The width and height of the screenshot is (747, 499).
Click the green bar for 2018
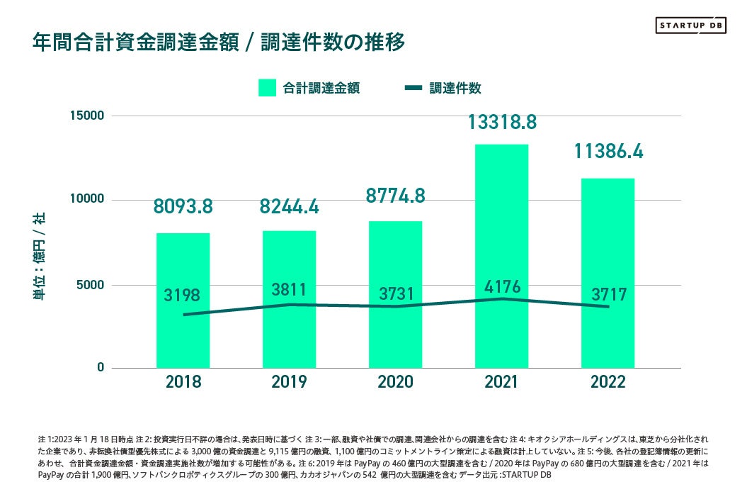(183, 340)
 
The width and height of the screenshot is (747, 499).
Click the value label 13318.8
(501, 122)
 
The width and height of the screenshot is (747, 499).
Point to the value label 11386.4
(608, 151)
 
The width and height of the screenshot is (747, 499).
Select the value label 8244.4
(289, 206)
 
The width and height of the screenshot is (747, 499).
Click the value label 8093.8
(183, 206)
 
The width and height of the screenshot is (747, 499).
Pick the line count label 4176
(501, 287)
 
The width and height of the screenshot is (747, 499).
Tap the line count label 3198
(183, 296)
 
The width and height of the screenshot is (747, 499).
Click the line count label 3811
(289, 290)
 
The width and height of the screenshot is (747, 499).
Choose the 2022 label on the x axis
(608, 382)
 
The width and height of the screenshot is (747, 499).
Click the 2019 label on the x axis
(289, 382)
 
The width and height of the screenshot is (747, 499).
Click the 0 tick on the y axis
(100, 368)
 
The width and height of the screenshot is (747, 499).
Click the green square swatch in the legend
(267, 88)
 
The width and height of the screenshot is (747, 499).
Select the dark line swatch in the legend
(414, 88)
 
